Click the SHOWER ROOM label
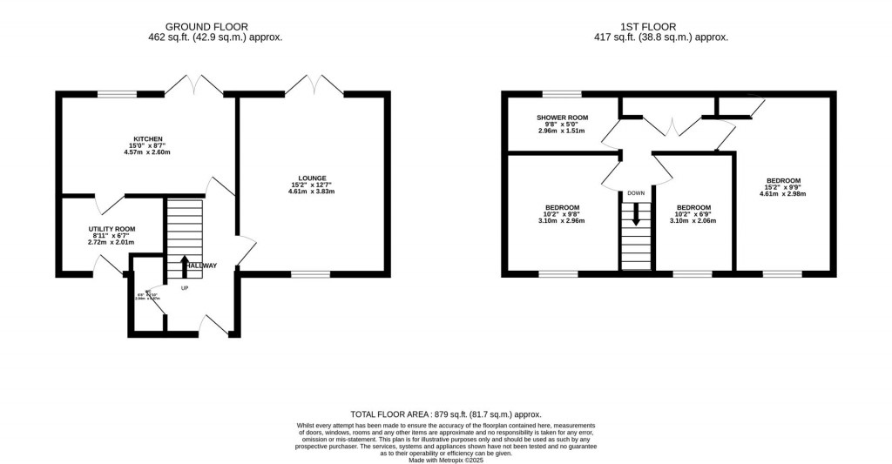pos(562,118)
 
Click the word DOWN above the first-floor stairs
pos(636,193)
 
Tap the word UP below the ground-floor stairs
pos(185,288)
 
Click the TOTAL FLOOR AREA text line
pos(446,414)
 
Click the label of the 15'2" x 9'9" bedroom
pos(785,181)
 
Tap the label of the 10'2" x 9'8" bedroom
pos(561,208)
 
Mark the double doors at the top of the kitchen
pos(194,85)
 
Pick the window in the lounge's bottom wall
pos(311,274)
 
